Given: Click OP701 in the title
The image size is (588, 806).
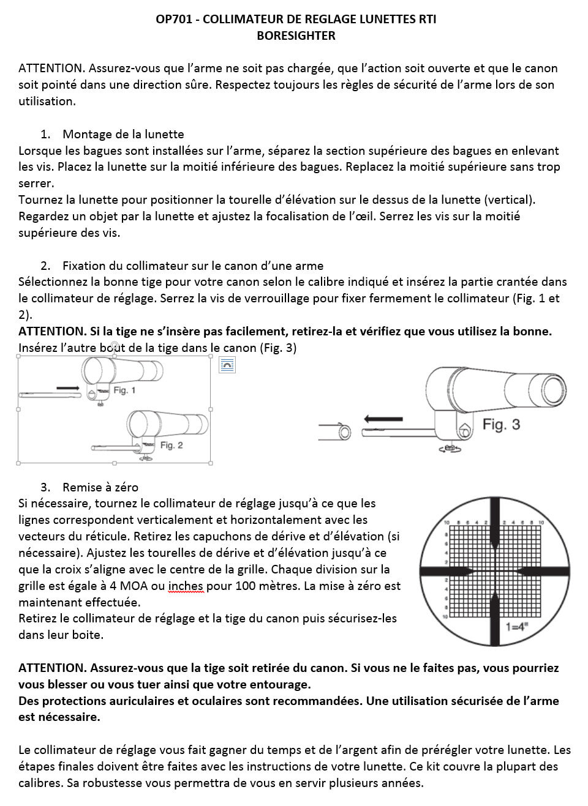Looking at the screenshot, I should click(174, 20).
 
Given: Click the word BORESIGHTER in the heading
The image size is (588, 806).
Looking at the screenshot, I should click(296, 35).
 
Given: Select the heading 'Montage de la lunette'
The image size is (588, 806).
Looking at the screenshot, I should click(123, 134).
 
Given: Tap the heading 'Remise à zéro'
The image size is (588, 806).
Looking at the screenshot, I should click(100, 487).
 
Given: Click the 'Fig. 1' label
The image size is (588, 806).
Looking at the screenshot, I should click(124, 390).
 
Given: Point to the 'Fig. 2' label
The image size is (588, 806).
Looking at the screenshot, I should click(171, 445).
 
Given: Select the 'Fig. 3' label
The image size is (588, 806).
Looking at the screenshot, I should click(501, 424).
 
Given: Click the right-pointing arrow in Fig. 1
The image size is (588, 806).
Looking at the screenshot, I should click(67, 388).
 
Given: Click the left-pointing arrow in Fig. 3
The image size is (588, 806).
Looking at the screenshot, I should click(383, 419).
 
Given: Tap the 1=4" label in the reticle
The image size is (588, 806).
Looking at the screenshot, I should click(518, 626).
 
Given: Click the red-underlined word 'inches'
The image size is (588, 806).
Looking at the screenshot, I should click(185, 586).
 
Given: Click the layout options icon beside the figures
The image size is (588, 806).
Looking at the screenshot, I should click(227, 366).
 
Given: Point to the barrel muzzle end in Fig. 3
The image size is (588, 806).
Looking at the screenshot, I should click(345, 432).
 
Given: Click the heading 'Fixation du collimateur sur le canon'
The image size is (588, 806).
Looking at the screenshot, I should click(192, 266).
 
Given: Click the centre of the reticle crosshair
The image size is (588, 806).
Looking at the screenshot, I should click(493, 570).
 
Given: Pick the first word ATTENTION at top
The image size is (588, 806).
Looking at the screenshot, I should click(50, 69).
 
